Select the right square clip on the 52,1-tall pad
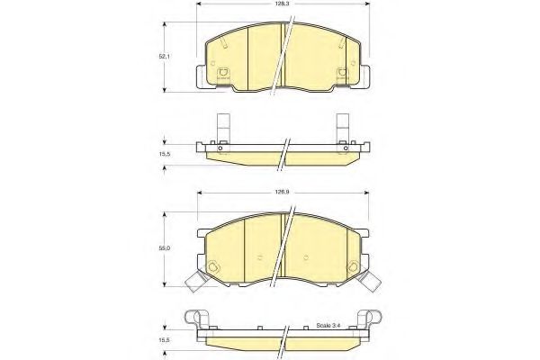click(x=342, y=75)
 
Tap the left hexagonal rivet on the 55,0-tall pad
click(x=213, y=267)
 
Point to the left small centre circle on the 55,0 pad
click(x=258, y=259)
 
